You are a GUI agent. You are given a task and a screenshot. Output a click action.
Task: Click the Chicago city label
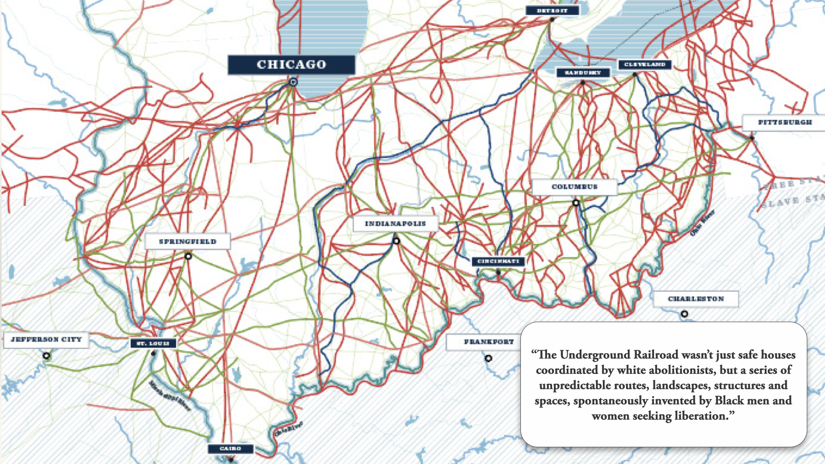tap(291, 64)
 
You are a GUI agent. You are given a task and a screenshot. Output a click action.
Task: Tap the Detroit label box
tap(552, 11)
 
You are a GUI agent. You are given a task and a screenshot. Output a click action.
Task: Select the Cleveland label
tap(645, 64)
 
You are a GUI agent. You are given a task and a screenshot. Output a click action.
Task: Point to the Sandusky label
tap(583, 73)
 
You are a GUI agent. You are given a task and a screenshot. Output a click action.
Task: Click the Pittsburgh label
tap(785, 122)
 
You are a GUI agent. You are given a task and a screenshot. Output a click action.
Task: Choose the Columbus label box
tap(574, 187)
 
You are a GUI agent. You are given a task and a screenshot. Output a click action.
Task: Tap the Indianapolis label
tap(395, 224)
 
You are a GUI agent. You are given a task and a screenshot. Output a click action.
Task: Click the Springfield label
tap(188, 241)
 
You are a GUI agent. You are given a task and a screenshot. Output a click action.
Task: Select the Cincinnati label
tap(498, 261)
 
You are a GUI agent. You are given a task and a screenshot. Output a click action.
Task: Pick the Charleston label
tap(696, 299)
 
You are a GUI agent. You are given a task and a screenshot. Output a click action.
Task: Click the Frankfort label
tap(489, 342)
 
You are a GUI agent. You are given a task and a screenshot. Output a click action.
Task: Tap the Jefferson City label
tap(46, 339)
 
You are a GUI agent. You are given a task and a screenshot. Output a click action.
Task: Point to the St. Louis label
tap(153, 343)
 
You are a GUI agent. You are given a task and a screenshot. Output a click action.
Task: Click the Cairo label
tap(230, 449)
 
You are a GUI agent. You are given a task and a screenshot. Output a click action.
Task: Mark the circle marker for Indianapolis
tap(396, 241)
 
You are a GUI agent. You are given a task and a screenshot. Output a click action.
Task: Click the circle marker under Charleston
tap(684, 314)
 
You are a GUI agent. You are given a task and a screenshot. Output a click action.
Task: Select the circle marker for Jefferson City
tap(46, 356)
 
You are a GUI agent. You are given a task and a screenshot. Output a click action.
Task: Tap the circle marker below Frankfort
tap(489, 358)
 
